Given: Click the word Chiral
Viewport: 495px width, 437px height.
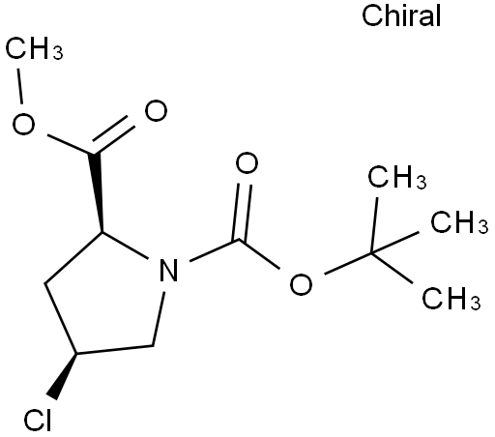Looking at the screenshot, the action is (401, 15).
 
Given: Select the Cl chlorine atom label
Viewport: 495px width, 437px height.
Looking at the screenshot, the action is (38, 420).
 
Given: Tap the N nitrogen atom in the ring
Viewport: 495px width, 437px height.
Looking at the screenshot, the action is (168, 270).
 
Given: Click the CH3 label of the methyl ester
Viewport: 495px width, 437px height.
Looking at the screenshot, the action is (34, 48).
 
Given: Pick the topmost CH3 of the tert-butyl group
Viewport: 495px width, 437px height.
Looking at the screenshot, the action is (397, 177).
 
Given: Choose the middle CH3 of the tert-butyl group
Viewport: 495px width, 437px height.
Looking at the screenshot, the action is (459, 222).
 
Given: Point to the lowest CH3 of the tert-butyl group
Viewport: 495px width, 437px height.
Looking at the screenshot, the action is (451, 298).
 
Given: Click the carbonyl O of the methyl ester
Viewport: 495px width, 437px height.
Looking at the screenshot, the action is (156, 110).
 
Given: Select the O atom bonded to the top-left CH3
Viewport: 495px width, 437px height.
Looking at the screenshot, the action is (23, 124).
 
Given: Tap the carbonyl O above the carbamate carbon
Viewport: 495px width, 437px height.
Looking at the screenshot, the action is (247, 163).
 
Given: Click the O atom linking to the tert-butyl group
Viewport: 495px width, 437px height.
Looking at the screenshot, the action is (301, 284).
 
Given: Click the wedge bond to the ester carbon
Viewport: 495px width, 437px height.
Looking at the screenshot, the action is (97, 192).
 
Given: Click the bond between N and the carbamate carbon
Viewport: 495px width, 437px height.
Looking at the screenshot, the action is (214, 250).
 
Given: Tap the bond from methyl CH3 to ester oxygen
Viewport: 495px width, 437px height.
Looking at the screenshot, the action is (20, 86).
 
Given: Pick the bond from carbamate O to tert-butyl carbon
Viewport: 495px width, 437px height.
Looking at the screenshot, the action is (349, 264).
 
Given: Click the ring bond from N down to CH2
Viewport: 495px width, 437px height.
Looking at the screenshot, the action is (159, 319).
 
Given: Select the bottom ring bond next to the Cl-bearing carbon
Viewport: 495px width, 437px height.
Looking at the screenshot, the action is (114, 350).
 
